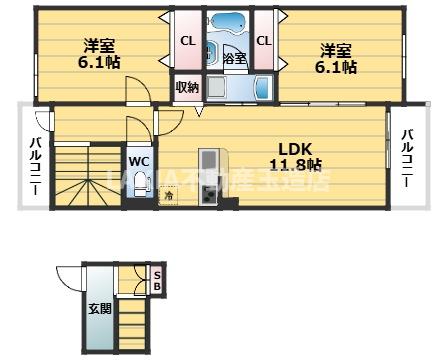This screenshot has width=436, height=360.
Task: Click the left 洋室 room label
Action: [97, 45]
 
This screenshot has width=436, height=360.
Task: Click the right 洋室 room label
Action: [336, 49]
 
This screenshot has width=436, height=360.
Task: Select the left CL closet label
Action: [187, 41]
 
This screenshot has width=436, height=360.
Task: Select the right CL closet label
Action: [263, 41]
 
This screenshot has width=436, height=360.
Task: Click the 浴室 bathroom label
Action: [235, 59]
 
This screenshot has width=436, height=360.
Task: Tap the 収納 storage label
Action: [187, 87]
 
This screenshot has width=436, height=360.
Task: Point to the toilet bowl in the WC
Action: [136, 131]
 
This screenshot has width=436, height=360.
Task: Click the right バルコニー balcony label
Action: [408, 159]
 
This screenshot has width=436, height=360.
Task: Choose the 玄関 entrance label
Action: [99, 307]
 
